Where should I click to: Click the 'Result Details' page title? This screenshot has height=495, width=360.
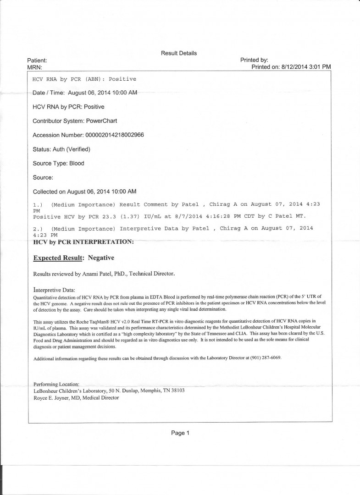pyautogui.click(x=179, y=53)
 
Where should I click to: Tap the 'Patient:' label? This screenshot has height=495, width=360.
pyautogui.click(x=37, y=60)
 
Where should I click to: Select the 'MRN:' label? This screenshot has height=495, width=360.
pyautogui.click(x=35, y=67)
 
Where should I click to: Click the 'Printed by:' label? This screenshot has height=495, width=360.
pyautogui.click(x=254, y=60)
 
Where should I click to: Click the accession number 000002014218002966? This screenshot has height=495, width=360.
pyautogui.click(x=115, y=135)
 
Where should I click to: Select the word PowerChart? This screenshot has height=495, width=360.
pyautogui.click(x=102, y=121)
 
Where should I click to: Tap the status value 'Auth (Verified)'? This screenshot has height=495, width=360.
pyautogui.click(x=71, y=149)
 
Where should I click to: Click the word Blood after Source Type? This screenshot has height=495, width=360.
pyautogui.click(x=77, y=163)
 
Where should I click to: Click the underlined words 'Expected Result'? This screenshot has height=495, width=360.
pyautogui.click(x=58, y=258)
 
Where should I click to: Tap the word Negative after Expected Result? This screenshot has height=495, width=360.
pyautogui.click(x=101, y=258)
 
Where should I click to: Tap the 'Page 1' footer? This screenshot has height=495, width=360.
pyautogui.click(x=180, y=433)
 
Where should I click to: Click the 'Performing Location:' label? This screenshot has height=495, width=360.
pyautogui.click(x=57, y=384)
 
